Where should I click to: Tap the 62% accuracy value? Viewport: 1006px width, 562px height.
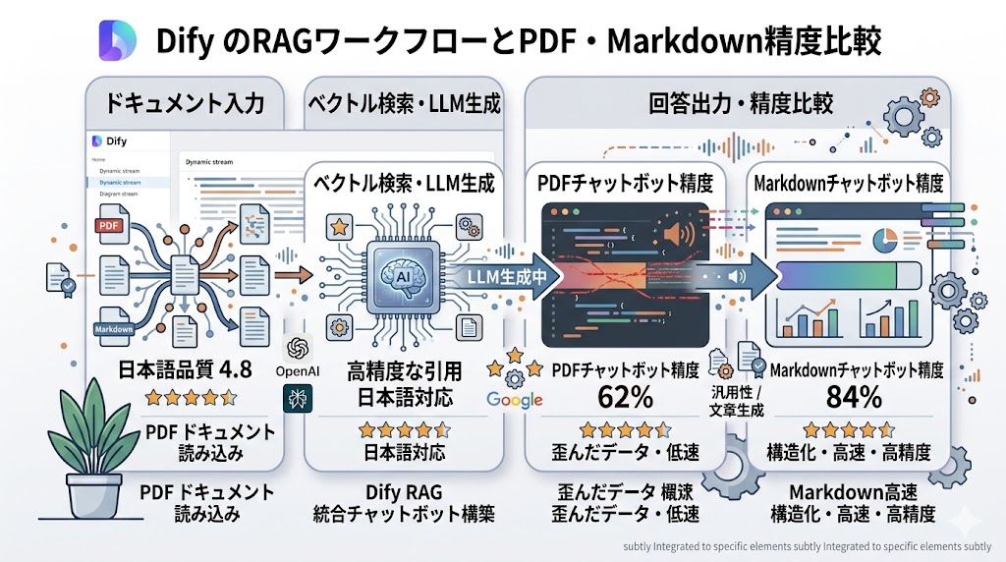tap(626, 397)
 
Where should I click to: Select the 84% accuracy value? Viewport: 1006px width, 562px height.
tap(854, 397)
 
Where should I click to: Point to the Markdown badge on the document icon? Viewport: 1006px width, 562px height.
tap(114, 329)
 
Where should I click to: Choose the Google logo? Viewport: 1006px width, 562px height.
tap(515, 399)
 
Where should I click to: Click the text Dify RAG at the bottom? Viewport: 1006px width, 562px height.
tap(403, 493)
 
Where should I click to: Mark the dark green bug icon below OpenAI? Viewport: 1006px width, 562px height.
tap(297, 397)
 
